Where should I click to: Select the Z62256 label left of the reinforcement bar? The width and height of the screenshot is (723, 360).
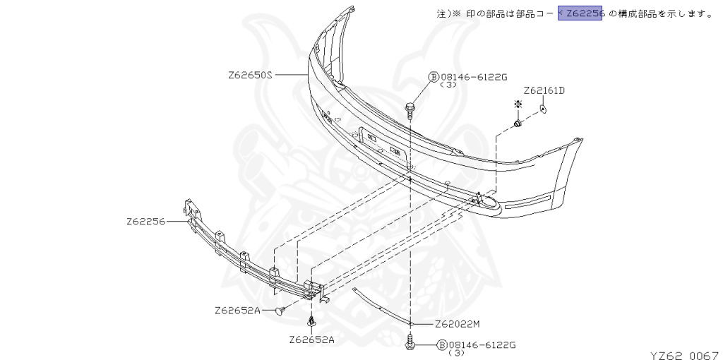[x=146, y=221]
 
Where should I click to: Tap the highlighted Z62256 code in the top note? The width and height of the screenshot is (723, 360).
[x=580, y=13]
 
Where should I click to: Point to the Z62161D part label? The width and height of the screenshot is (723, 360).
[x=544, y=90]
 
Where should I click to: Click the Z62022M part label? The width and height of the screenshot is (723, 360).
[x=457, y=325]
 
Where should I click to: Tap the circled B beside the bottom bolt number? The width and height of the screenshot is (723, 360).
[x=443, y=345]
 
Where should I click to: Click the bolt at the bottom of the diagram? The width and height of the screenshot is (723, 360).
[x=410, y=344]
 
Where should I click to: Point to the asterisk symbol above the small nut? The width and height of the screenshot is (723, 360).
[x=518, y=104]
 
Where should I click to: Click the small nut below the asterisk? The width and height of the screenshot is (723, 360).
[x=518, y=124]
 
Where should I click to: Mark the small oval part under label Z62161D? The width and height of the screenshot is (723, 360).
[x=543, y=109]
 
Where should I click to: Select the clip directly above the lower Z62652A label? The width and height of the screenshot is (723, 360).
[x=311, y=322]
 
